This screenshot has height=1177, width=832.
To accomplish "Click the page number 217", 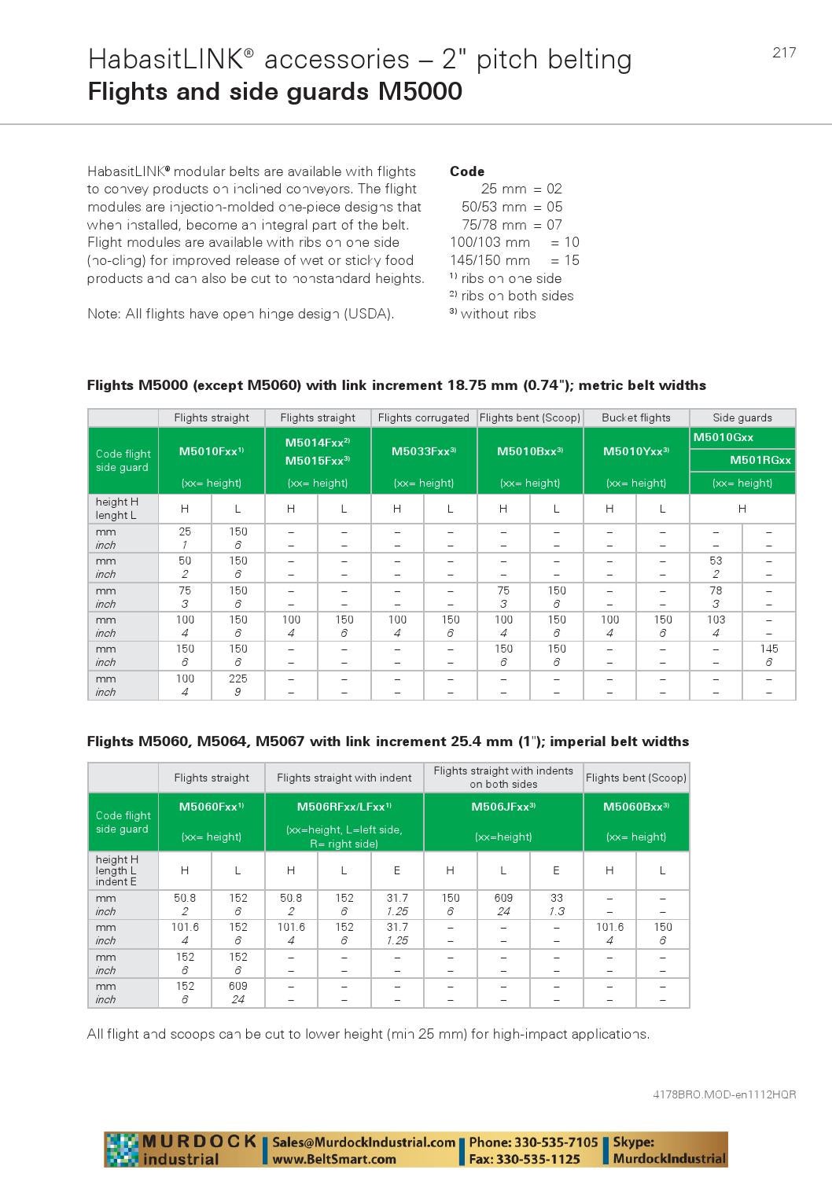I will click(x=783, y=53).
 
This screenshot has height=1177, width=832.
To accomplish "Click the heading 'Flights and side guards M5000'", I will click(x=274, y=92).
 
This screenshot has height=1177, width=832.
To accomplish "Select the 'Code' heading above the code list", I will click(x=466, y=171).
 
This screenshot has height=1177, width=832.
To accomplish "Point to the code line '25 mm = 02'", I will click(x=521, y=189).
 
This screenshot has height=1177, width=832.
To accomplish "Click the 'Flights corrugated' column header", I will click(x=423, y=417).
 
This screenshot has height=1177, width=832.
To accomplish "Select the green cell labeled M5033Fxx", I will click(x=423, y=451).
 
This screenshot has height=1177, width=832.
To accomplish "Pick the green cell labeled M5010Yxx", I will click(x=635, y=451).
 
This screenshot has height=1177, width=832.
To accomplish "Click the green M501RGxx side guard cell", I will click(x=760, y=460).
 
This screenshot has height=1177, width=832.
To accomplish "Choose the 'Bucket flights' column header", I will click(x=635, y=417).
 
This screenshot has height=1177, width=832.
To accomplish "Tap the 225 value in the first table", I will click(x=237, y=679).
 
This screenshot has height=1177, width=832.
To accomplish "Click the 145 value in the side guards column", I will click(x=768, y=649).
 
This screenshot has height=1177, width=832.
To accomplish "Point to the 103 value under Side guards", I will click(x=716, y=620).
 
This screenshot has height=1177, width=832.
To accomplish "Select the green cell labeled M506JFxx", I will click(x=503, y=807).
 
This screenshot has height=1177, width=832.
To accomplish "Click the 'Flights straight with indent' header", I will click(x=344, y=778).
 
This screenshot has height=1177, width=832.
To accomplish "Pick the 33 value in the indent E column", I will click(x=556, y=898).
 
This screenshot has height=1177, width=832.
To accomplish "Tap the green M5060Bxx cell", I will click(x=635, y=807).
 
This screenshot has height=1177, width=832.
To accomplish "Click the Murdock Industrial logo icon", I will click(x=122, y=1149).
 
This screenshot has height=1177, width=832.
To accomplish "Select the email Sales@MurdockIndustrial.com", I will click(x=363, y=1142).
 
